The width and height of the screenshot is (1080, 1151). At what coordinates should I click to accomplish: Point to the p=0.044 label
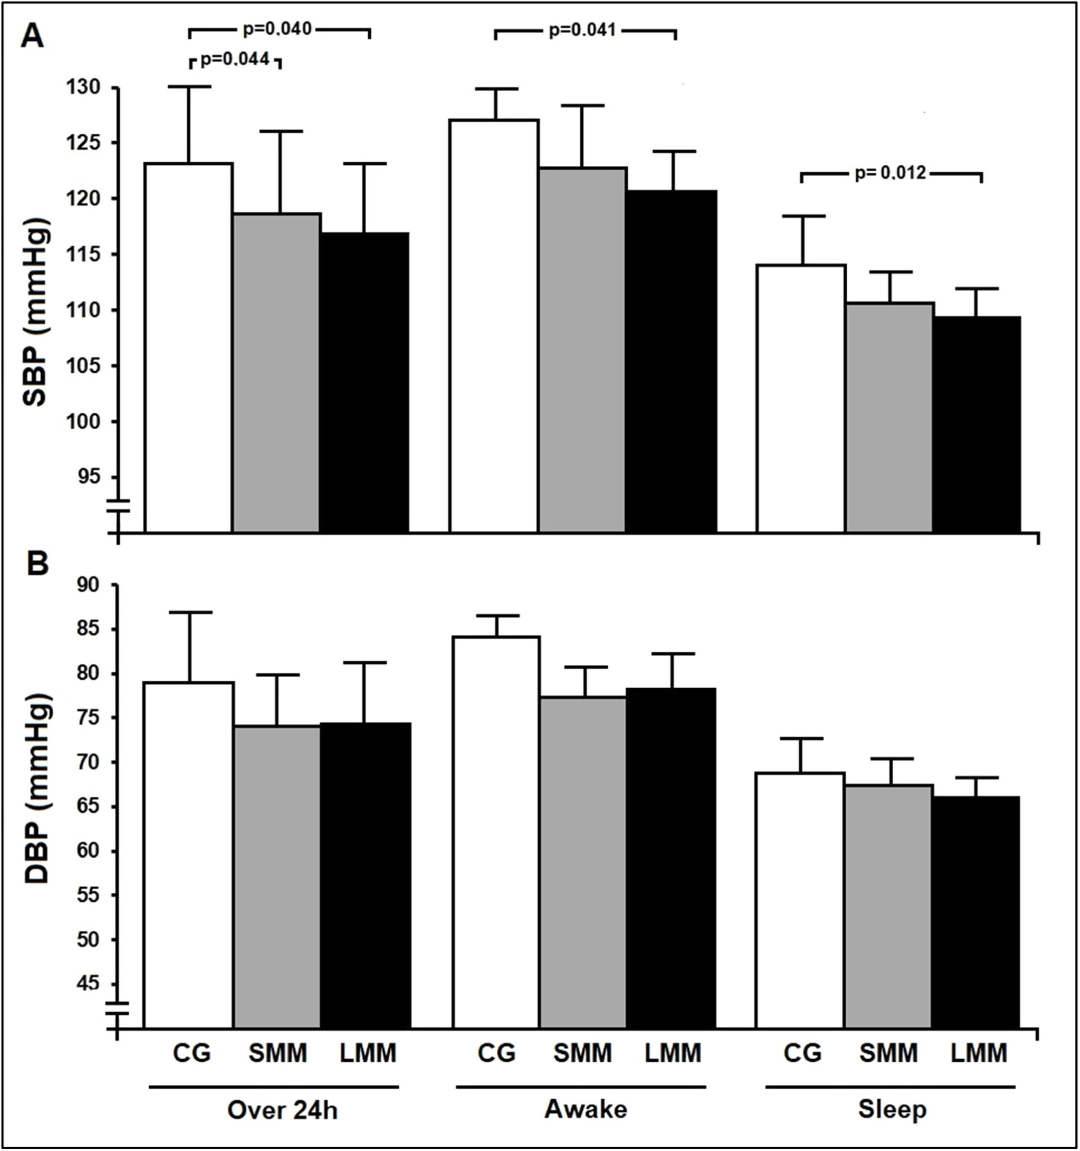coord(235,59)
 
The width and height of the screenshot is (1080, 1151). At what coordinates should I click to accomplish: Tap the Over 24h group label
coord(282,1109)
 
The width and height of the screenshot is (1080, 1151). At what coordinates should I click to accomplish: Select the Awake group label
coord(586,1108)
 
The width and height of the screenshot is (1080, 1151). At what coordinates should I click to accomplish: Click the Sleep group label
coord(892,1109)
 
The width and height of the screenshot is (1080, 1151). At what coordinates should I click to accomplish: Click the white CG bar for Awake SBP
coord(494,324)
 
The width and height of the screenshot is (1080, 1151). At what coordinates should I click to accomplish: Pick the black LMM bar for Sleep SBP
coord(976,423)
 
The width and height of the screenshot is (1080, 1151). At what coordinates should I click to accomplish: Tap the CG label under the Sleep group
coord(802,1052)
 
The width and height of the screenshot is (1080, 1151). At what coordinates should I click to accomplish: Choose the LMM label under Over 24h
coord(367,1052)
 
